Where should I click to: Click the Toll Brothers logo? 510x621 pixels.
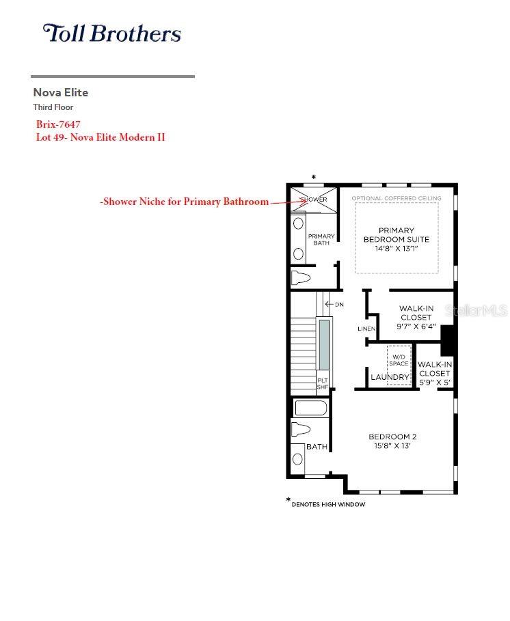click(111, 33)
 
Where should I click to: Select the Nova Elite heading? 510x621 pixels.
click(61, 93)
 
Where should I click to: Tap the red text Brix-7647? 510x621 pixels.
click(58, 124)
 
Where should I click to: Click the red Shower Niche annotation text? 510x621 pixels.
click(185, 202)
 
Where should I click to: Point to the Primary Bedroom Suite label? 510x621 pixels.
click(397, 239)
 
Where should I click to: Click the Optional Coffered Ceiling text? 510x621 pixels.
click(397, 198)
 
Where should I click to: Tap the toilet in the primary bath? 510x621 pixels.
click(300, 277)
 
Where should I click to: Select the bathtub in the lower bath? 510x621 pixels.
click(311, 409)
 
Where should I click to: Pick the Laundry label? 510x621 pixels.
click(390, 377)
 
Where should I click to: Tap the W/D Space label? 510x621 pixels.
click(399, 360)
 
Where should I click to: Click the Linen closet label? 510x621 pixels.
click(366, 329)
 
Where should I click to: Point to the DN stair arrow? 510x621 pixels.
click(330, 304)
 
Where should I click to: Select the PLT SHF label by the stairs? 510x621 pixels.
click(323, 383)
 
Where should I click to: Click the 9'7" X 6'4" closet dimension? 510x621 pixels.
click(416, 327)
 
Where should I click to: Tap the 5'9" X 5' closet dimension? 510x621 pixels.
click(435, 383)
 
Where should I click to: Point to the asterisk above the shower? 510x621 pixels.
click(313, 178)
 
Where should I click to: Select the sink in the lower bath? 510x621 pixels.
click(297, 459)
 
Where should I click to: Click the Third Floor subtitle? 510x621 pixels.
click(53, 107)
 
